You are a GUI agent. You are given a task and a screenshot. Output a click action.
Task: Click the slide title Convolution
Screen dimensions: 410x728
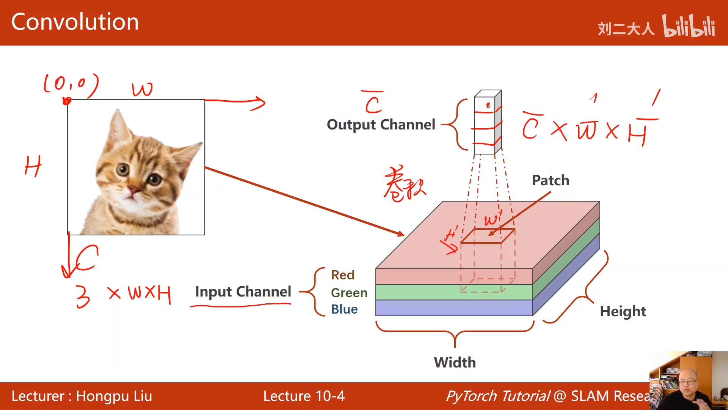click(75, 22)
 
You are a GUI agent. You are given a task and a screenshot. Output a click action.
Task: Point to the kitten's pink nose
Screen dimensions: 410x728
click(134, 189)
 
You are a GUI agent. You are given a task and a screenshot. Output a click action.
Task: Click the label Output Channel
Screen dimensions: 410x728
click(381, 125)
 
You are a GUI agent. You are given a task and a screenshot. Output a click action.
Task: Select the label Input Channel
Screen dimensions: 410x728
click(243, 292)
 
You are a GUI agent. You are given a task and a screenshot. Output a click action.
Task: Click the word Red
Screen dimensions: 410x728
click(342, 275)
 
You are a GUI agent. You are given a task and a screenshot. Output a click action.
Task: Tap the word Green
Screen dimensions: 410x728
click(349, 293)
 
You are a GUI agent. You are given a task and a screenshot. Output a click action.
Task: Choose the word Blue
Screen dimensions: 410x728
click(344, 309)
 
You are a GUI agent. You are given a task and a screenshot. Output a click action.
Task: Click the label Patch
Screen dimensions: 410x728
click(551, 180)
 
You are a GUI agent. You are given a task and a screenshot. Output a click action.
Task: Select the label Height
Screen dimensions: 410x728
click(623, 311)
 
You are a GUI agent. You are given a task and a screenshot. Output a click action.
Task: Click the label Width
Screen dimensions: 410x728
click(455, 363)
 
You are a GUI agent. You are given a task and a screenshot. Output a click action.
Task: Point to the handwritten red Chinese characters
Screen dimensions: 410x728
click(404, 184)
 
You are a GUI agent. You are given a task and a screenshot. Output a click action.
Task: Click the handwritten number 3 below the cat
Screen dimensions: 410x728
click(83, 296)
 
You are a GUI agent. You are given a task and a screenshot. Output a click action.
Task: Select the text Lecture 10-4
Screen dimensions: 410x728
click(304, 396)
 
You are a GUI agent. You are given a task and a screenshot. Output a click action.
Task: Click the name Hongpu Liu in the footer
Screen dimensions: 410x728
click(114, 396)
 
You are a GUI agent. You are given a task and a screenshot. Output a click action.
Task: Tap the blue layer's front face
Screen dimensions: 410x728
click(454, 308)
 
